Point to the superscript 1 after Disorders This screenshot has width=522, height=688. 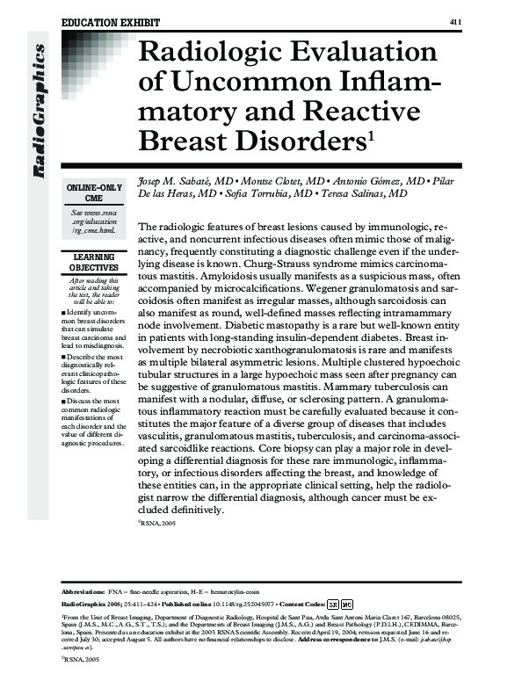click(371, 134)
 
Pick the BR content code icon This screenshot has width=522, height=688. click(334, 605)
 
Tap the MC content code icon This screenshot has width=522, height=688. click(347, 605)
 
